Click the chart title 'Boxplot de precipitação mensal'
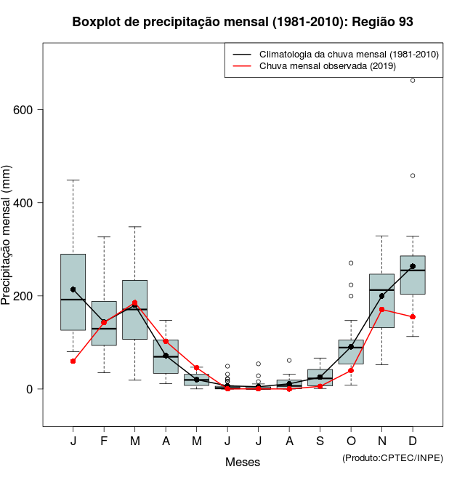243,22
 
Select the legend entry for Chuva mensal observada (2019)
327,67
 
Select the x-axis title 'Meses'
243,462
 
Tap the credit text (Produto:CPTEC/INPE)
392,457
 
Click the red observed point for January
73,361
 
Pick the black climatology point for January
73,289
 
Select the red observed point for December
413,317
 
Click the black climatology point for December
413,266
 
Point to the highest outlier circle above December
413,80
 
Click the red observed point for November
382,309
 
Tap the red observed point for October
351,370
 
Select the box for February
104,323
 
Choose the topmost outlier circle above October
351,263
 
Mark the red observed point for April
166,341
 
